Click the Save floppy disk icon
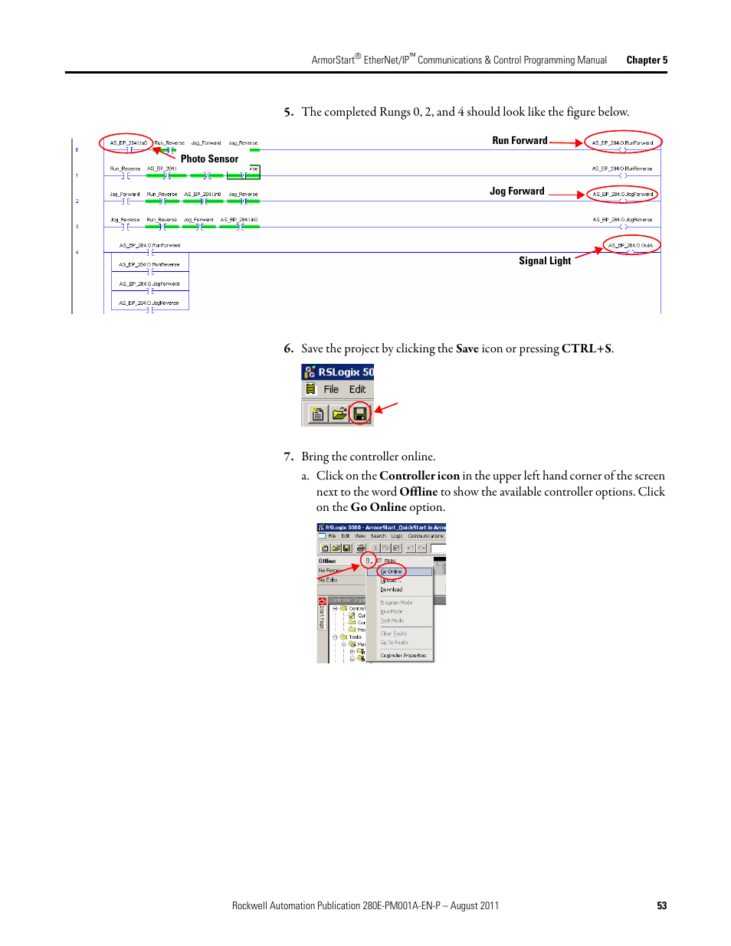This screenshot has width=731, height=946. [359, 414]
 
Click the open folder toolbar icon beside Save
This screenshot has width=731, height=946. [339, 414]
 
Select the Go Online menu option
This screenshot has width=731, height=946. [392, 571]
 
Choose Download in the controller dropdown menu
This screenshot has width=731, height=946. [392, 590]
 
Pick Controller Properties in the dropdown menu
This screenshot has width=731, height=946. [403, 656]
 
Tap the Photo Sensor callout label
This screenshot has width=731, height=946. [209, 159]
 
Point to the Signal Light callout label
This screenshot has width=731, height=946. [544, 261]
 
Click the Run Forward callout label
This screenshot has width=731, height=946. [520, 141]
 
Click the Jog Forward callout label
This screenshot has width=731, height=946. [516, 191]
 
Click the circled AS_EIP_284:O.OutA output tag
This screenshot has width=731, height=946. [631, 246]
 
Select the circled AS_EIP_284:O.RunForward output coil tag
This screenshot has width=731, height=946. [622, 143]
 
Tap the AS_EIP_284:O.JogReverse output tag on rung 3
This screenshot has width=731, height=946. [622, 220]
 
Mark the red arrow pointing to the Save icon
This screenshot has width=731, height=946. [387, 408]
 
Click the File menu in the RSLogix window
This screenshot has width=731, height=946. [331, 390]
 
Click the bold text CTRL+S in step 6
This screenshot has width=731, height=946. [586, 349]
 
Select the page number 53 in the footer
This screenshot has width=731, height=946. [661, 906]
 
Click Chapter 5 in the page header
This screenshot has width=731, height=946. [647, 61]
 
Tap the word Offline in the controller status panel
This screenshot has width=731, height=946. [327, 561]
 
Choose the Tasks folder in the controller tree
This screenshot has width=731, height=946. [355, 637]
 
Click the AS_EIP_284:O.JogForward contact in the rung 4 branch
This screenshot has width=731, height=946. [149, 284]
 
